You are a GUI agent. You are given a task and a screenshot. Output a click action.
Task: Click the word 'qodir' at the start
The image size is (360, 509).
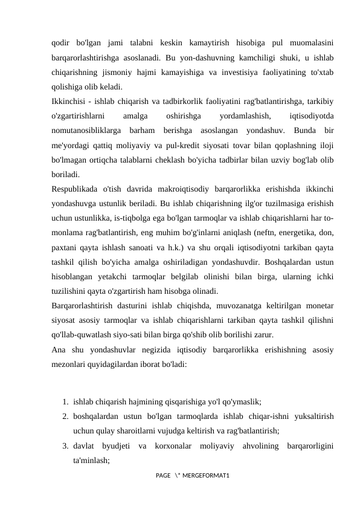click(x=60, y=44)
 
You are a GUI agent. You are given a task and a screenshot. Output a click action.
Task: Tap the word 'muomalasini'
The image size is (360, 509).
click(x=309, y=44)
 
